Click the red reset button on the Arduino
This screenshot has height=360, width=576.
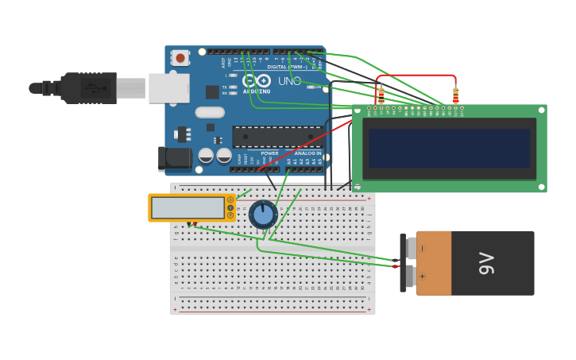pyautogui.click(x=180, y=57)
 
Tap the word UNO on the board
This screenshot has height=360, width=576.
pyautogui.click(x=290, y=81)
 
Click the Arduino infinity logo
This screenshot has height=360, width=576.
pyautogui.click(x=256, y=80)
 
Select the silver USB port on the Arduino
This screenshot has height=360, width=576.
pyautogui.click(x=168, y=88)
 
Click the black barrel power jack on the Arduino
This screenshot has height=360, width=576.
pyautogui.click(x=174, y=158)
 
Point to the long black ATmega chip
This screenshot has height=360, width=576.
pyautogui.click(x=277, y=137)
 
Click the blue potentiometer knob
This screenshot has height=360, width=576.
pyautogui.click(x=263, y=215)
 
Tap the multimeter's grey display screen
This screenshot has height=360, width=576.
pyautogui.click(x=187, y=208)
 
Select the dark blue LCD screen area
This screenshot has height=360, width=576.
pyautogui.click(x=449, y=149)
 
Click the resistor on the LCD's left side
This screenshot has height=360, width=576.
pyautogui.click(x=381, y=95)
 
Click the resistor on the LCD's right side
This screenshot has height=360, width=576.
pyautogui.click(x=455, y=95)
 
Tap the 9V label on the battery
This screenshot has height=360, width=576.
pyautogui.click(x=486, y=263)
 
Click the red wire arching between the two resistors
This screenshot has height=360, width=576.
pyautogui.click(x=418, y=76)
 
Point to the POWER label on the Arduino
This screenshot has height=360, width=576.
pyautogui.click(x=270, y=153)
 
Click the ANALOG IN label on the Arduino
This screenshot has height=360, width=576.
pyautogui.click(x=308, y=153)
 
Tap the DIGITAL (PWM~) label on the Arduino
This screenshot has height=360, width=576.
pyautogui.click(x=288, y=67)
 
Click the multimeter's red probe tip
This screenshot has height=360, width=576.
pyautogui.click(x=190, y=224)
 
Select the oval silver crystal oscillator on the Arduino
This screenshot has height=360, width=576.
pyautogui.click(x=210, y=112)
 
